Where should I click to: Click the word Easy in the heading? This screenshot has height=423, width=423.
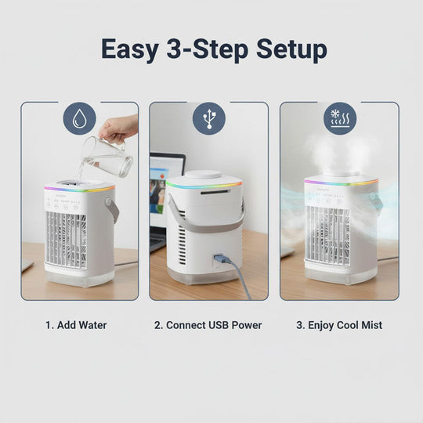[133, 49]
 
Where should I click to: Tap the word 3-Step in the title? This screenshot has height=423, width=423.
[207, 49]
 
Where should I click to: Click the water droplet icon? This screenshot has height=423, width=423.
[79, 119]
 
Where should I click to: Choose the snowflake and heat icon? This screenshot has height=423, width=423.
[339, 119]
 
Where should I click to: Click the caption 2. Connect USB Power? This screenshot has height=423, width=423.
[208, 324]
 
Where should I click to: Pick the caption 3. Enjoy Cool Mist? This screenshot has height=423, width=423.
[339, 324]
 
